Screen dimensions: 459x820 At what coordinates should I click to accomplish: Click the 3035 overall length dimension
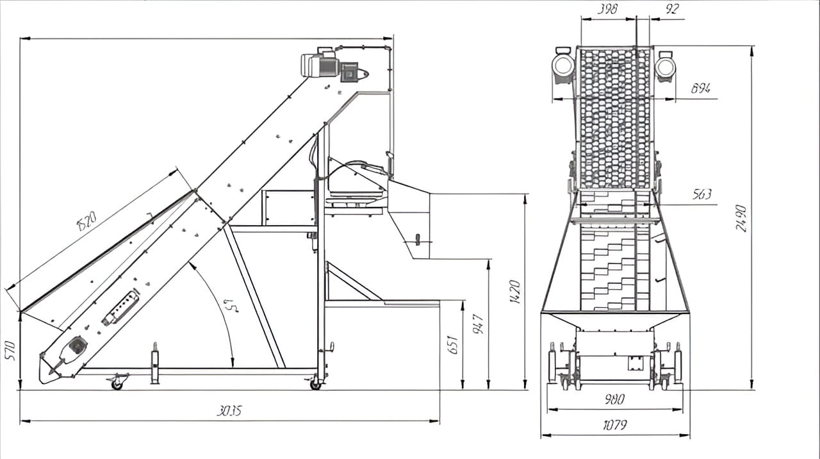click(x=229, y=411)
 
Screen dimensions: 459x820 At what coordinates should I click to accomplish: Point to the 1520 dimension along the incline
click(x=86, y=221)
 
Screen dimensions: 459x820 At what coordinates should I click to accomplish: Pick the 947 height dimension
click(x=478, y=324)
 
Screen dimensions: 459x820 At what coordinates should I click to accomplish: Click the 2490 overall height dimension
click(x=741, y=218)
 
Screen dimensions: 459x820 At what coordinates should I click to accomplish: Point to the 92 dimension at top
click(x=672, y=10)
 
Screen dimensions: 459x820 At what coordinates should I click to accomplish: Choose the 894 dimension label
click(x=700, y=88)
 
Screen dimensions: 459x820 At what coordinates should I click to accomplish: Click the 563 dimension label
click(x=702, y=194)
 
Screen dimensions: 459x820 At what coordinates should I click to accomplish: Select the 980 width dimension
click(x=614, y=399)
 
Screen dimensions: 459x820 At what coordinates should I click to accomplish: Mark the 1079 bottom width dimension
click(x=615, y=424)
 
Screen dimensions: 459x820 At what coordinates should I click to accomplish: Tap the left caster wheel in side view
click(x=117, y=385)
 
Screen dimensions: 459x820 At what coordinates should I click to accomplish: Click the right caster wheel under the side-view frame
click(x=315, y=385)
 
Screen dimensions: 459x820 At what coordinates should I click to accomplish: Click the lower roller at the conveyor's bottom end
click(x=77, y=346)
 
